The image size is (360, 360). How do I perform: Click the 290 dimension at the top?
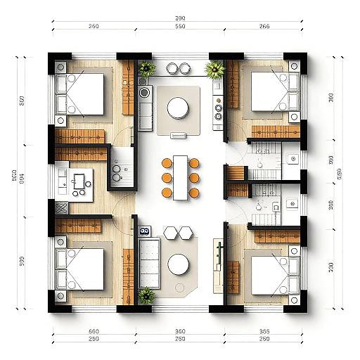click(x=180, y=18)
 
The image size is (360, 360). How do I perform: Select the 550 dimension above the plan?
click(x=180, y=27)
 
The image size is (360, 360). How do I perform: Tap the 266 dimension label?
click(x=264, y=27)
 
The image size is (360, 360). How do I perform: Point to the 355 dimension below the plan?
click(x=264, y=331)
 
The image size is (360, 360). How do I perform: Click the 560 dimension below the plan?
click(x=94, y=331)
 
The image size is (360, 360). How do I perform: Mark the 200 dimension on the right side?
click(x=330, y=266)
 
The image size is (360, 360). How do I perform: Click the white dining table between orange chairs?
click(x=180, y=177)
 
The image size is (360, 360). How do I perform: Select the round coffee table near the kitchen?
click(x=178, y=108)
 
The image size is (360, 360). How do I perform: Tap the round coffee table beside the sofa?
click(x=179, y=264)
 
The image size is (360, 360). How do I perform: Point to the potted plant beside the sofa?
click(x=146, y=295)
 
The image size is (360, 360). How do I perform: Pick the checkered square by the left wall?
click(x=61, y=207)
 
